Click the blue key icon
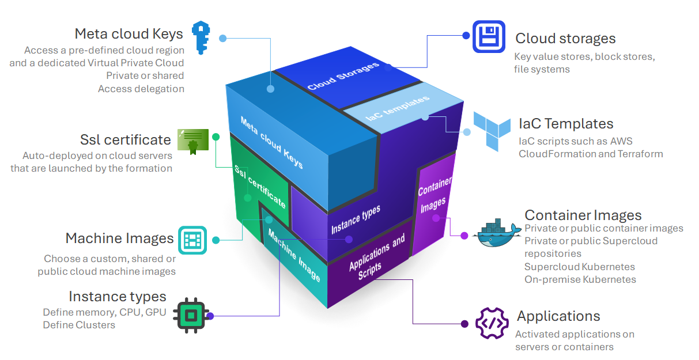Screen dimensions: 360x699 [201, 37]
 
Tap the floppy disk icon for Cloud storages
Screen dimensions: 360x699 [489, 36]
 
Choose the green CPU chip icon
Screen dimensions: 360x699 [190, 315]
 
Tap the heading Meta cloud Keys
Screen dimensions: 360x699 [129, 33]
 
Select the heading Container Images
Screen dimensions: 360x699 [583, 215]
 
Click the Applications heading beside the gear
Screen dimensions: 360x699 [558, 316]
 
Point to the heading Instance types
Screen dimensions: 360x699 [118, 297]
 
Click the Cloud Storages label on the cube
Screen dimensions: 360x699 [343, 75]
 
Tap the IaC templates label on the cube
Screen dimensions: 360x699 [398, 108]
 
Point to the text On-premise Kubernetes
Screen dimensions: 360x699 [580, 279]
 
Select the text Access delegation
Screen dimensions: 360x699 [141, 89]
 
